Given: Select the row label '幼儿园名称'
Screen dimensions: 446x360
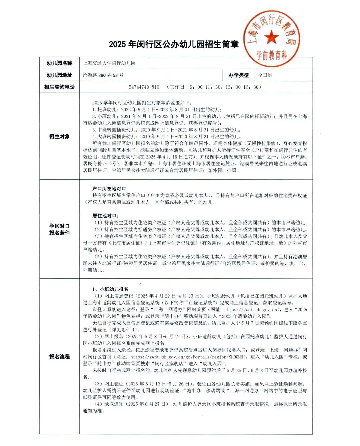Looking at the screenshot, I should pyautogui.click(x=59, y=63).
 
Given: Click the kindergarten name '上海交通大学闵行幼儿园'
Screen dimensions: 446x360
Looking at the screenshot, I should pyautogui.click(x=109, y=63).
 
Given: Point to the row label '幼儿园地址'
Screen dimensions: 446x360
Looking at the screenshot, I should pyautogui.click(x=59, y=75).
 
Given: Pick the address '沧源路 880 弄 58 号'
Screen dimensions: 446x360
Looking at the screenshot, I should pyautogui.click(x=103, y=75).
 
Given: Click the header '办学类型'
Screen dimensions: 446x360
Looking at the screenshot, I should pyautogui.click(x=238, y=75).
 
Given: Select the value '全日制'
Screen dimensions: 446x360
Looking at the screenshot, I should pyautogui.click(x=265, y=75).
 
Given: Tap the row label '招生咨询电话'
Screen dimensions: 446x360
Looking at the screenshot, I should pyautogui.click(x=59, y=87).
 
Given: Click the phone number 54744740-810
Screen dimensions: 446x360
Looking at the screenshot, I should pyautogui.click(x=144, y=87).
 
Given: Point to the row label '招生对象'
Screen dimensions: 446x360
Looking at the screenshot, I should pyautogui.click(x=59, y=136).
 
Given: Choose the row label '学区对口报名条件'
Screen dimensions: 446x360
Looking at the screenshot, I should pyautogui.click(x=59, y=229).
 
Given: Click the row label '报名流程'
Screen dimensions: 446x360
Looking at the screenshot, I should pyautogui.click(x=59, y=356).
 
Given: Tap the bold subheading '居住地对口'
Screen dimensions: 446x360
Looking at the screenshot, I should pyautogui.click(x=105, y=216).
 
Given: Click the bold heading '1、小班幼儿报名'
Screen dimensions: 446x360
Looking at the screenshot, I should pyautogui.click(x=110, y=289).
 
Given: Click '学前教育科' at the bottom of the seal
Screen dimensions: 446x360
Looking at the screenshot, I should pyautogui.click(x=271, y=55).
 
